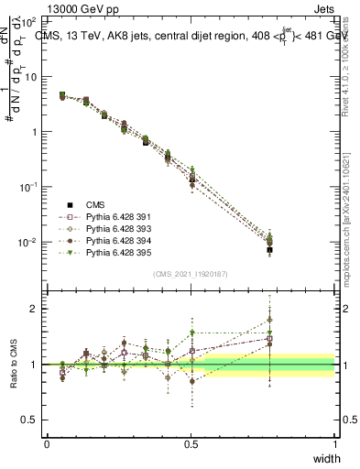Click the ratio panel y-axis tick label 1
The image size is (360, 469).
(x=34, y=365)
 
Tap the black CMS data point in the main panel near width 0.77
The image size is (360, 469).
(x=269, y=249)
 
